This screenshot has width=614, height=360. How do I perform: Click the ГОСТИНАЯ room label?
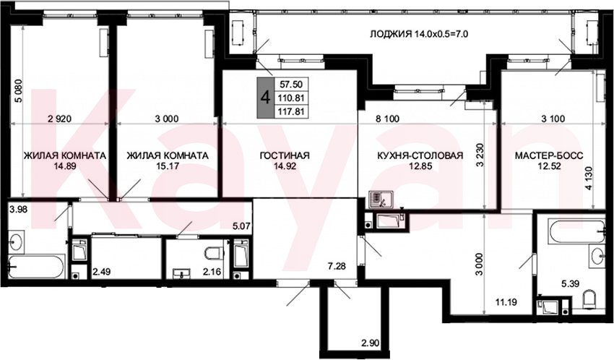click(x=285, y=155)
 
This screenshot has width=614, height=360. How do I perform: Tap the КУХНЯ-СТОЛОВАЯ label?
click(x=420, y=155)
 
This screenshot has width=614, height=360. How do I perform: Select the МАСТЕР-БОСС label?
click(x=549, y=155)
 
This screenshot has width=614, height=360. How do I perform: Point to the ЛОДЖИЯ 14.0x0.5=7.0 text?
click(x=419, y=34)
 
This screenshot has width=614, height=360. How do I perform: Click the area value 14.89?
click(x=65, y=166)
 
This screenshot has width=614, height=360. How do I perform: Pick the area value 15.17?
click(x=168, y=166)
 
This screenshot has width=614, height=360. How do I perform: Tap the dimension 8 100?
click(x=388, y=119)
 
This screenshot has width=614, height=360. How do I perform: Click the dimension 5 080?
click(x=18, y=91)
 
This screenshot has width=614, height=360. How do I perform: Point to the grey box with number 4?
click(x=266, y=98)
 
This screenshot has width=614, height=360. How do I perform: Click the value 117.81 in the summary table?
click(x=291, y=111)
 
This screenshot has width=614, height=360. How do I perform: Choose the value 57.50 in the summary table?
click(x=291, y=84)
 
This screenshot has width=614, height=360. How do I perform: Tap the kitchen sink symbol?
click(x=379, y=200)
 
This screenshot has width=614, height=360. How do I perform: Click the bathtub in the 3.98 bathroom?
click(x=36, y=267)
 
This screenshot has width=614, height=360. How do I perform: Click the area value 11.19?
click(x=506, y=302)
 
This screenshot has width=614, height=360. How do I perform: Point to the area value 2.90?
click(x=370, y=343)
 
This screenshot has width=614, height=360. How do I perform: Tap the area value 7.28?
click(x=337, y=266)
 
